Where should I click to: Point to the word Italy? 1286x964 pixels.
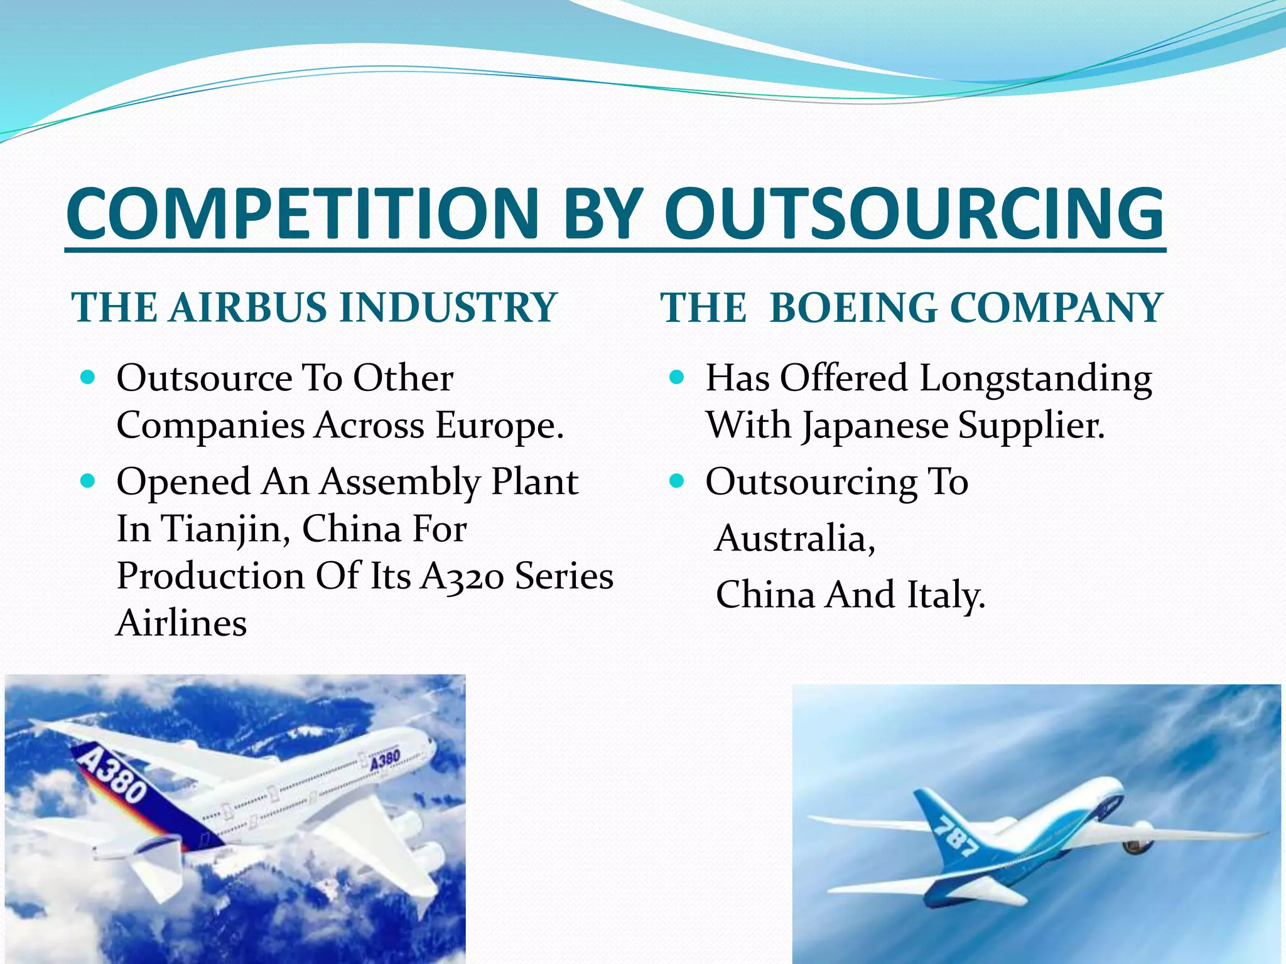coord(946,595)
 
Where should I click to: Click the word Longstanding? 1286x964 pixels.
coord(1035,379)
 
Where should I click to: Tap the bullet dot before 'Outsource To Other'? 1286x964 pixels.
coord(89,378)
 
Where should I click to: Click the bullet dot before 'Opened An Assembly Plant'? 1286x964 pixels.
coord(89,481)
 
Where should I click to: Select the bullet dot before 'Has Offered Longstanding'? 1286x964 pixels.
coord(677,378)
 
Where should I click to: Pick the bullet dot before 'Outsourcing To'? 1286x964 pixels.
coord(677,481)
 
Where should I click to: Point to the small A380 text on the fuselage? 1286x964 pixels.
coord(384,761)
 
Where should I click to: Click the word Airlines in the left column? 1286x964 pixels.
coord(181,624)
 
